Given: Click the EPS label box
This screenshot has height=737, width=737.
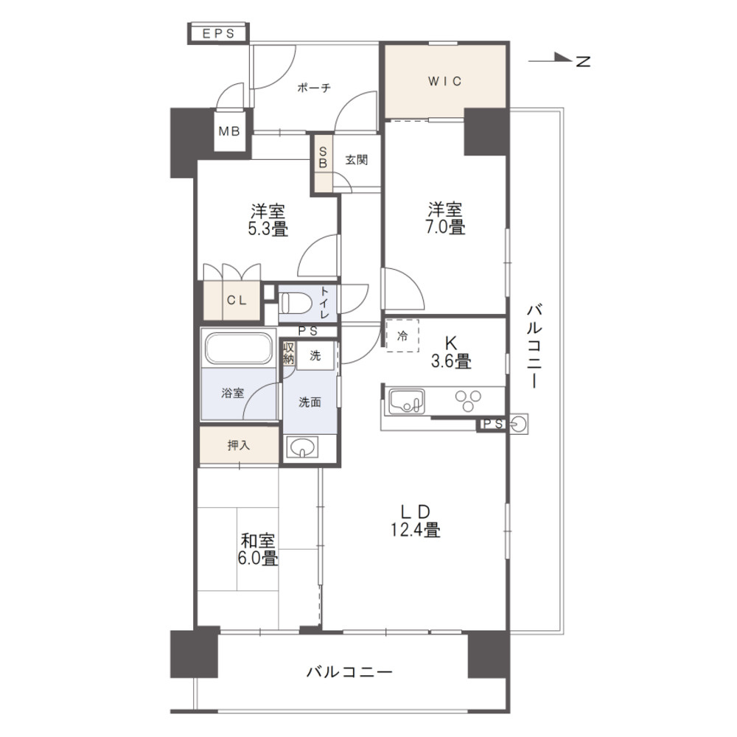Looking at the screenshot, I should (x=219, y=33).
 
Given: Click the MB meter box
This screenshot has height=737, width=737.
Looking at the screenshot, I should (x=229, y=133).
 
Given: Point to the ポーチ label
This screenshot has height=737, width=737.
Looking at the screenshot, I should (x=314, y=88).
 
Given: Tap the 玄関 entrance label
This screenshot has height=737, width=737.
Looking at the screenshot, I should (x=356, y=160).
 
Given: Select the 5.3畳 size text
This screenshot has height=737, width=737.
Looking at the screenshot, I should (x=268, y=228).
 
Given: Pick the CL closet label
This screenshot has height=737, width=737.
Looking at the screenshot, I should (x=236, y=300).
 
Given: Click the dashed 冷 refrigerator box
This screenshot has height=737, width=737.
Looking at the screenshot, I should (x=402, y=335).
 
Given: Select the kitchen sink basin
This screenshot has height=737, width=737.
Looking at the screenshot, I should (x=404, y=402).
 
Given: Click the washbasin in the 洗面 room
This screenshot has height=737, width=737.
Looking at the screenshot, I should (x=301, y=447).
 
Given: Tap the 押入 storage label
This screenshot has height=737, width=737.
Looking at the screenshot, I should (x=237, y=446).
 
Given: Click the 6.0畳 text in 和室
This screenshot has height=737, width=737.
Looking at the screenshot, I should (x=258, y=558).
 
